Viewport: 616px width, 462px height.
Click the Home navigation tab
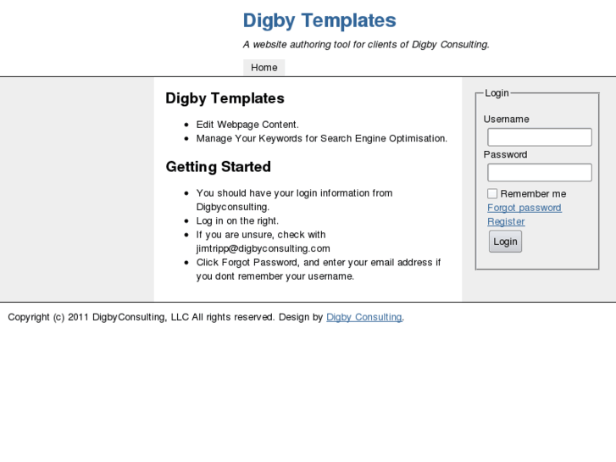[264, 68]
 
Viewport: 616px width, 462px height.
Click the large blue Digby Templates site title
[319, 20]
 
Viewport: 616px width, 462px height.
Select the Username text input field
[539, 137]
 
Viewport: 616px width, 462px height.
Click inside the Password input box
[539, 173]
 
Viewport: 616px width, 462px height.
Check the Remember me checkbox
[492, 194]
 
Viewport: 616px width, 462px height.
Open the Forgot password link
[524, 208]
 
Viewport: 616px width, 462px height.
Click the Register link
[506, 222]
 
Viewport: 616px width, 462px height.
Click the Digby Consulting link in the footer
[363, 317]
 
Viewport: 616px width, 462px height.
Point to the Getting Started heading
[218, 167]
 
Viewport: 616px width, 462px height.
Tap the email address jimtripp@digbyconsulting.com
[263, 248]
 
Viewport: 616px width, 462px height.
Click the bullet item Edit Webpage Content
[247, 125]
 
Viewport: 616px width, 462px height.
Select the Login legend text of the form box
[497, 93]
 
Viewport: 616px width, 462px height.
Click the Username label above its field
[506, 120]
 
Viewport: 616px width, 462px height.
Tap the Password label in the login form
[505, 155]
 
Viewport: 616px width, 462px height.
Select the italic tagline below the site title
[366, 45]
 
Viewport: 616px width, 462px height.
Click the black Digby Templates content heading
[225, 98]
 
